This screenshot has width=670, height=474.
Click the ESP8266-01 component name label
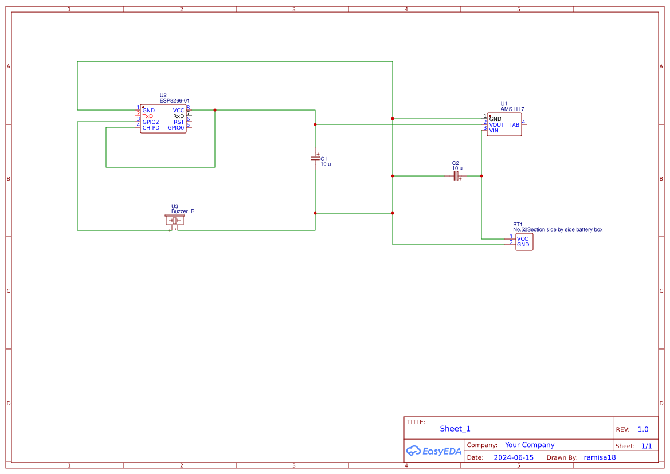point(174,100)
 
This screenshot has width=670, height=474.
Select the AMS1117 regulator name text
point(512,109)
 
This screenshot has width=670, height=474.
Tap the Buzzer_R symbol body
point(174,220)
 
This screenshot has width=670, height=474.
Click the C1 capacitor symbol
point(315,158)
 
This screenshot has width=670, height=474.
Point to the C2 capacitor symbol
point(457,176)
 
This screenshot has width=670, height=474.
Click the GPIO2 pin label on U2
point(151,122)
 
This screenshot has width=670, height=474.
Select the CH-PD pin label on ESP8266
point(151,127)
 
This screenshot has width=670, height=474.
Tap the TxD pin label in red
point(148,116)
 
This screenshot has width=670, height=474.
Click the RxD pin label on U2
point(179,116)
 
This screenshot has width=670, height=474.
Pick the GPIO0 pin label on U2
point(176,127)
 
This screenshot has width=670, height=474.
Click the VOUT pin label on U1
point(496,124)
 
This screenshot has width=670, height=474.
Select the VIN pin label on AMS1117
point(493,130)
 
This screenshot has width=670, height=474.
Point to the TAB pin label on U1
point(514,124)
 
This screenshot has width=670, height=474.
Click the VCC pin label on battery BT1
point(522,238)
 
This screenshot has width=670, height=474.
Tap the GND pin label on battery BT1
point(523,245)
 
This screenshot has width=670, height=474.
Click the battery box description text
point(557,229)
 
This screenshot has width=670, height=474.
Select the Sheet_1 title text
point(455,429)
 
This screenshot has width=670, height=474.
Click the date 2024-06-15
point(513,457)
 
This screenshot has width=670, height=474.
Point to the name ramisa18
point(600,457)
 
